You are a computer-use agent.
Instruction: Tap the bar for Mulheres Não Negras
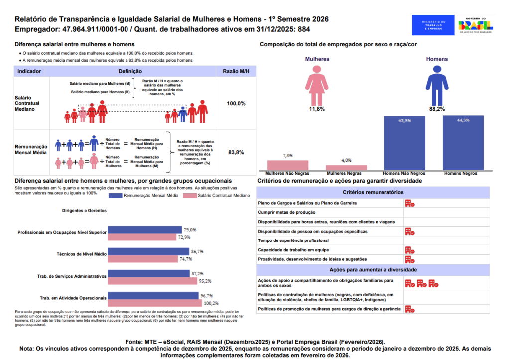288,165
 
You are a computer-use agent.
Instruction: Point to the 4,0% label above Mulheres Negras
347,160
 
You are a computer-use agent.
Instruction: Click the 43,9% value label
404,121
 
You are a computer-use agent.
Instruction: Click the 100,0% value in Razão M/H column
236,104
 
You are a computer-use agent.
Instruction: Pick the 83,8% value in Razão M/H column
236,152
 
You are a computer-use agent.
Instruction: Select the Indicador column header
29,71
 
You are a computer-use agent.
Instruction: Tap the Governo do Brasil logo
475,25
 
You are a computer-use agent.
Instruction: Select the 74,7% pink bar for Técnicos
142,259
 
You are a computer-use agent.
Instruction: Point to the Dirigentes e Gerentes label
84,211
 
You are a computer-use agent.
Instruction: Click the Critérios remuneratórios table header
373,192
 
